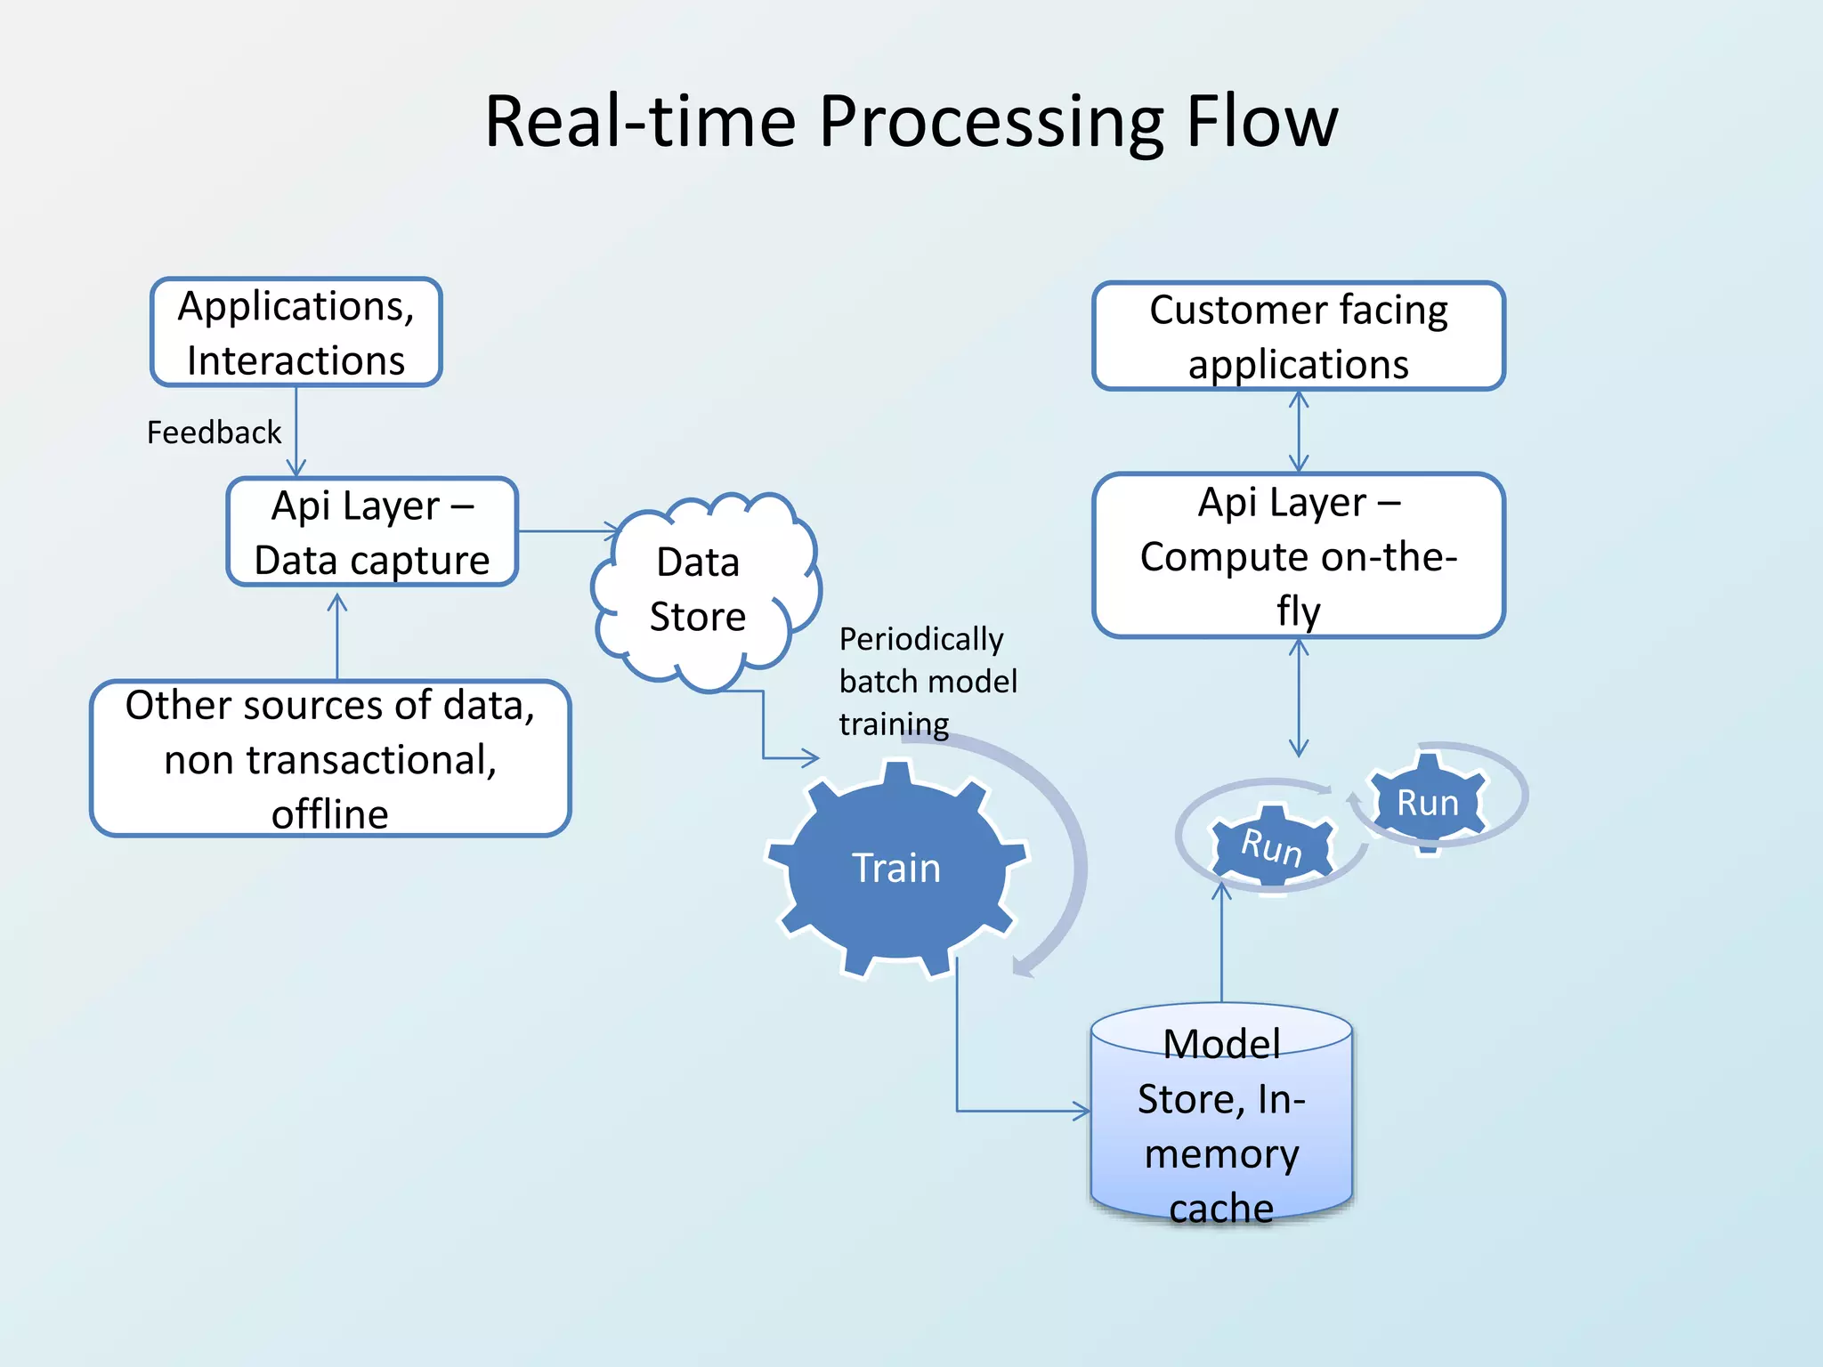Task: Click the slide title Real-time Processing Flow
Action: [x=911, y=122]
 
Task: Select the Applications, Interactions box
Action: [x=296, y=332]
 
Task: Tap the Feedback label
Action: [x=214, y=433]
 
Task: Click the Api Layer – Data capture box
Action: [x=372, y=531]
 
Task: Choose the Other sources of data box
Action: [x=329, y=758]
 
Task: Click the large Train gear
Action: [x=896, y=868]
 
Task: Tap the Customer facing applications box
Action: [x=1298, y=336]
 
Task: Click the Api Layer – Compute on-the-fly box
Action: [x=1298, y=555]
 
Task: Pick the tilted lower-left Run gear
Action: [x=1272, y=845]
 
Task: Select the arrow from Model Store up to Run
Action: [x=1221, y=943]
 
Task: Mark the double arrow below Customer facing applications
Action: [x=1299, y=432]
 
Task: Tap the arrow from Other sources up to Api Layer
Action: [x=336, y=636]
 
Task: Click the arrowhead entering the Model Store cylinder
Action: [x=1080, y=1111]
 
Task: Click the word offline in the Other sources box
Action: [x=329, y=814]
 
